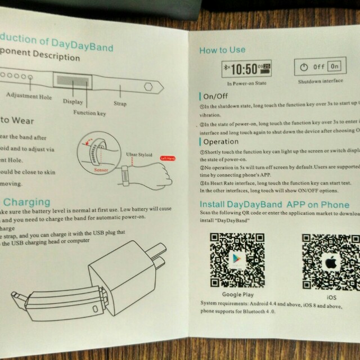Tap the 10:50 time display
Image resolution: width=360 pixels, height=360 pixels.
(x=245, y=69)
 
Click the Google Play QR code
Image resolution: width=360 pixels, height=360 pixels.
(x=236, y=259)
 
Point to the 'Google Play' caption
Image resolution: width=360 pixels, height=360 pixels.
(x=237, y=295)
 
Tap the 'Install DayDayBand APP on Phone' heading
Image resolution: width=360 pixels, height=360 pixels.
(x=274, y=205)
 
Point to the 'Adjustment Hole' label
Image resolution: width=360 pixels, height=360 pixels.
(x=26, y=96)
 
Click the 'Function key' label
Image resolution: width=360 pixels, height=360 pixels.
(x=89, y=112)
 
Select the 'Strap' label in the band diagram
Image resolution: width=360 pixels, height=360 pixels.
(x=120, y=103)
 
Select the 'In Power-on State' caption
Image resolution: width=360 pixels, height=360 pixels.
(x=245, y=83)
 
